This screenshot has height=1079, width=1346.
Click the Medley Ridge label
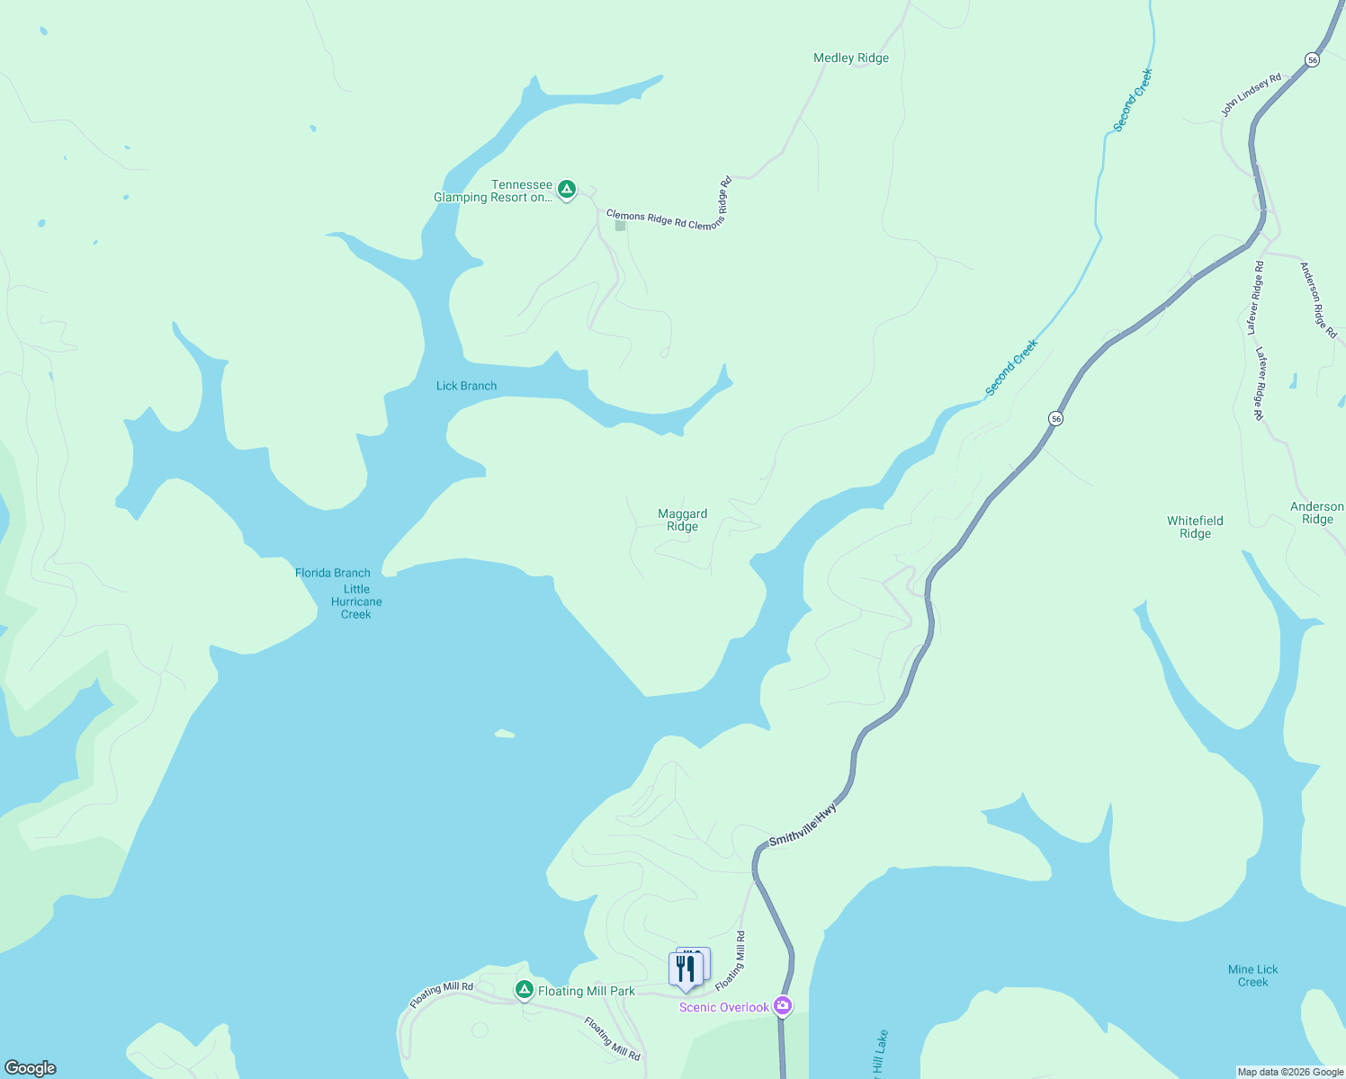click(850, 58)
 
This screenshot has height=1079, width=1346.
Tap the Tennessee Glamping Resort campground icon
click(566, 190)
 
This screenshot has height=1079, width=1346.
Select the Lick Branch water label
click(466, 386)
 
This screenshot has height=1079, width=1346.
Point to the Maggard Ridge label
click(682, 521)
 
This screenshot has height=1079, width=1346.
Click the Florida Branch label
click(332, 573)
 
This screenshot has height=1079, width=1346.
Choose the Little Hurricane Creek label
click(356, 602)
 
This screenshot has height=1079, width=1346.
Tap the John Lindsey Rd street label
click(1251, 95)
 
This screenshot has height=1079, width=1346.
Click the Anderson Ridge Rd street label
click(1318, 300)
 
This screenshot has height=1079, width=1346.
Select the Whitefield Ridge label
click(1195, 527)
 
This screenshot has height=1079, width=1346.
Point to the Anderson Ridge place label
click(1316, 513)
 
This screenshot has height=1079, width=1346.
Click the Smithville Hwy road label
click(803, 825)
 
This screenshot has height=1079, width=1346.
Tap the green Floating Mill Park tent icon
click(525, 990)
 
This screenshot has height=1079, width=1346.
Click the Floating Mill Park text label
click(586, 991)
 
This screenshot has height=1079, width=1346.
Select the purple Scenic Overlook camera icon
click(783, 1006)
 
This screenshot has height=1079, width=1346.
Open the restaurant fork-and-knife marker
click(686, 969)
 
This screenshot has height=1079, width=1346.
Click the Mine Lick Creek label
click(1252, 976)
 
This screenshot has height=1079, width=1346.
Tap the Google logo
click(30, 1068)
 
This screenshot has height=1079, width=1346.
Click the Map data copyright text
click(1289, 1072)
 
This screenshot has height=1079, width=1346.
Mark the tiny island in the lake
click(505, 734)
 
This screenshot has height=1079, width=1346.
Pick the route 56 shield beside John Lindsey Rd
click(1313, 59)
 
